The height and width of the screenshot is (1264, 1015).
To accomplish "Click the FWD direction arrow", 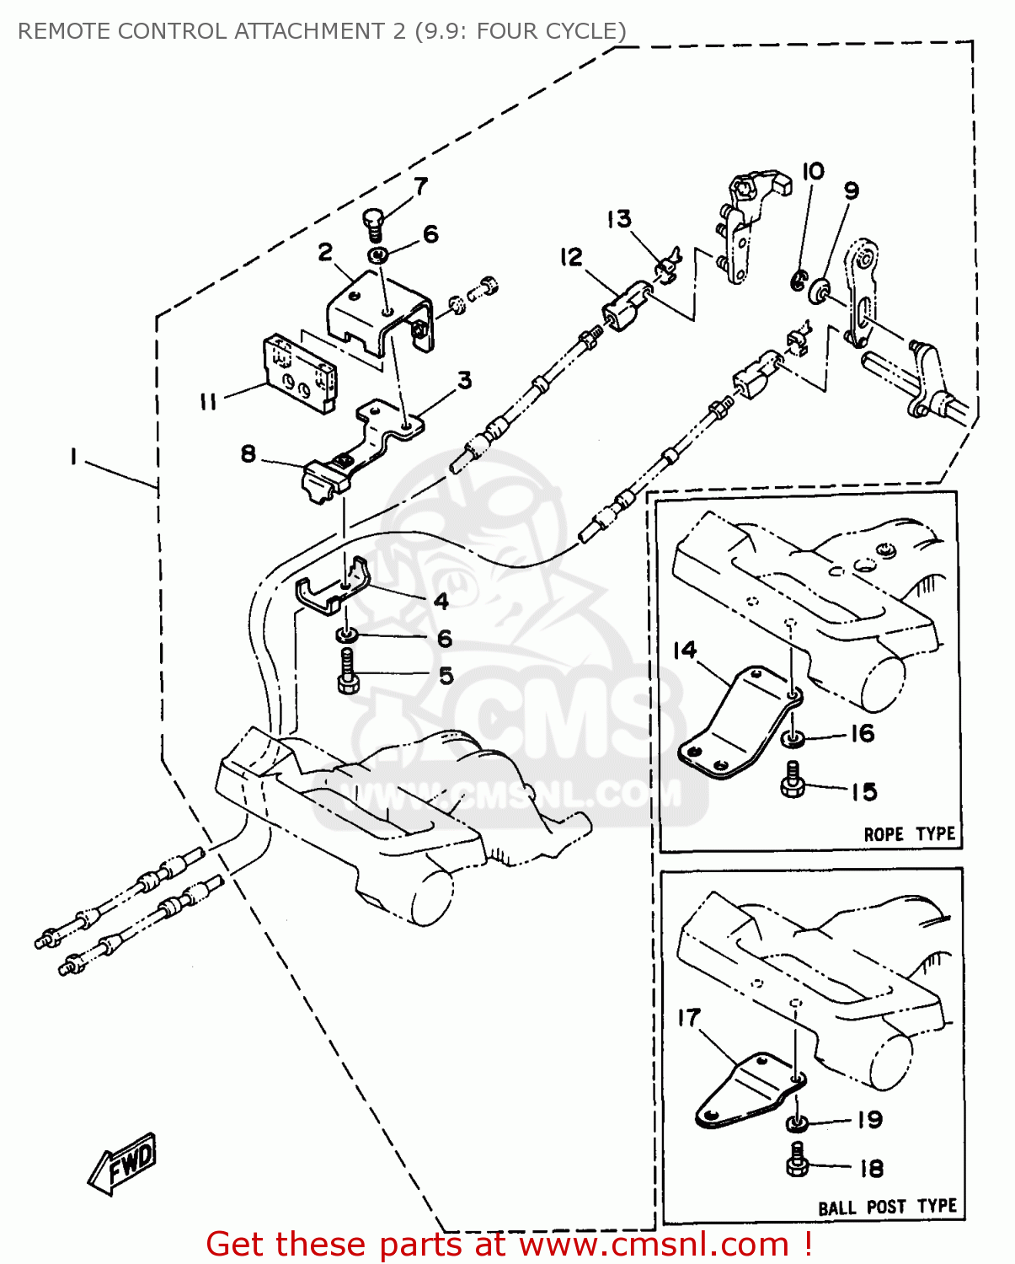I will [123, 1163].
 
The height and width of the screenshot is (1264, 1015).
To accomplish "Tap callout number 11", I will [208, 402].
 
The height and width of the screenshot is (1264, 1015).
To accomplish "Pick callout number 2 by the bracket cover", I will [325, 251].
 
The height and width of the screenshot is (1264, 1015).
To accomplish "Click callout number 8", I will [248, 453].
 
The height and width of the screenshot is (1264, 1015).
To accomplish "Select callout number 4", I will [441, 601].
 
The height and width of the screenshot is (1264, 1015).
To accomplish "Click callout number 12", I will [571, 256].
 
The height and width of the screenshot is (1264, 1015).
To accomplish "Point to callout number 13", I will [619, 219].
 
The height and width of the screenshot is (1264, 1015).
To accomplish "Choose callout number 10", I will [813, 171].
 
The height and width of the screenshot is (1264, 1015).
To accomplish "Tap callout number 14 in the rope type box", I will [685, 650].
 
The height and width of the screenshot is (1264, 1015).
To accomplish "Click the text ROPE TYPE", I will [909, 834].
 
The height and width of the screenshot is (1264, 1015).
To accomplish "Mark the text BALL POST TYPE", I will [887, 1207].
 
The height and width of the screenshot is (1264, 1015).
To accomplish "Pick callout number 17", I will [689, 1017].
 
